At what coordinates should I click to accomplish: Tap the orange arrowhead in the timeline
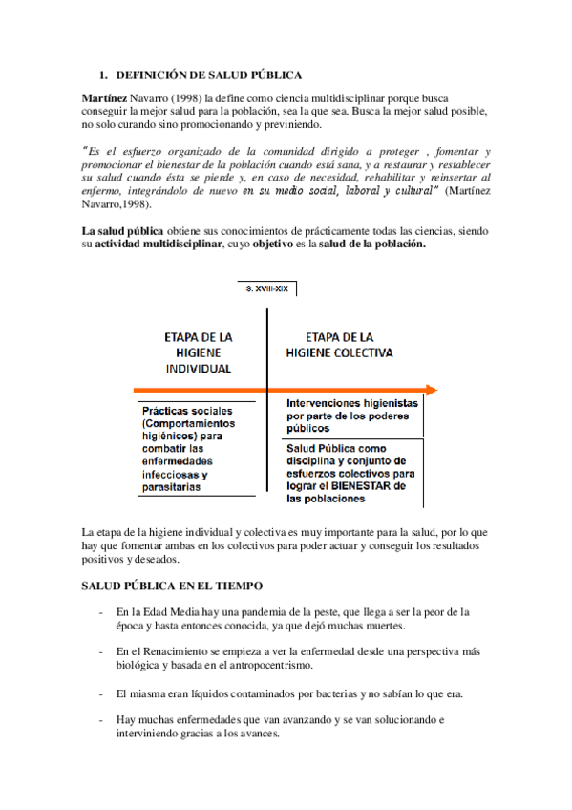point(432,390)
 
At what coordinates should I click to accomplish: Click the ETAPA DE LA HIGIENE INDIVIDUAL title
point(199,352)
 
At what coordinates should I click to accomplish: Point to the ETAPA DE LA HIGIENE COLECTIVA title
point(340,344)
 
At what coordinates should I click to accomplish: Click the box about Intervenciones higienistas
point(352,416)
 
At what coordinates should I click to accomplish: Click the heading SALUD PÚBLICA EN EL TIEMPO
point(173,585)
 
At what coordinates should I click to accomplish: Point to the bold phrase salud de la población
point(371,245)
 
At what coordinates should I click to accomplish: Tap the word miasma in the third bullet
point(144,693)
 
